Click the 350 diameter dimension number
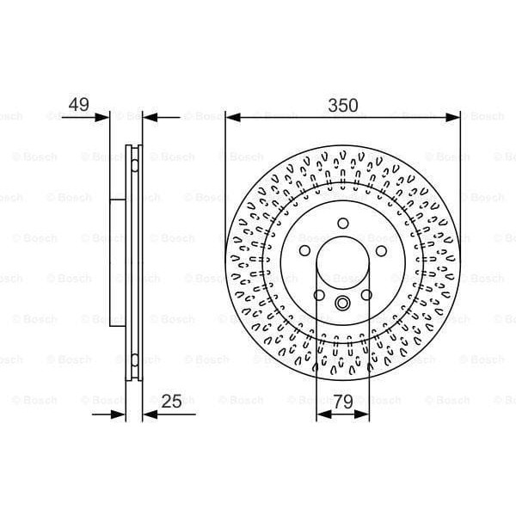[343, 104]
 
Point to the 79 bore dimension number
[343, 400]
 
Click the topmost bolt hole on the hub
[343, 224]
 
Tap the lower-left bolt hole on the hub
[319, 295]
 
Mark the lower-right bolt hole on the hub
[366, 295]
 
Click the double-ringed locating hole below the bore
[343, 303]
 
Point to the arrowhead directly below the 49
[104, 116]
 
